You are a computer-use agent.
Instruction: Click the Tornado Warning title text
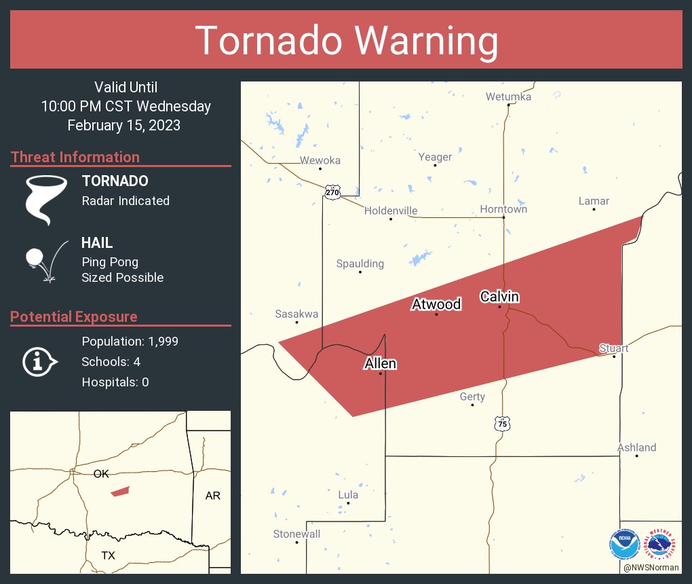(x=346, y=41)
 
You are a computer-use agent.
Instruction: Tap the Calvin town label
(x=499, y=297)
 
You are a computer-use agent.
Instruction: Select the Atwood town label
(x=436, y=304)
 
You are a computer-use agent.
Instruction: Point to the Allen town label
(x=380, y=364)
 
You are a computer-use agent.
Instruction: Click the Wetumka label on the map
(x=508, y=97)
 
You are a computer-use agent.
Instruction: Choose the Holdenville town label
(x=391, y=211)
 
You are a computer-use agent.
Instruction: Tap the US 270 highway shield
(x=332, y=193)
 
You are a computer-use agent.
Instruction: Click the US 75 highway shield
(x=501, y=424)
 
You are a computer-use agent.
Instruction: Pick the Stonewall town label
(x=296, y=534)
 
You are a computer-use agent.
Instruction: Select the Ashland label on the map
(x=636, y=448)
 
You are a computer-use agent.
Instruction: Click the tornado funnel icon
(x=45, y=198)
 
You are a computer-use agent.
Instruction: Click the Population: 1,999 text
(x=130, y=342)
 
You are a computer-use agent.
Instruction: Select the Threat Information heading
(x=75, y=157)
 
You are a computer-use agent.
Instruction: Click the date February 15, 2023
(x=124, y=125)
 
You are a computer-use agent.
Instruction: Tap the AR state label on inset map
(x=212, y=496)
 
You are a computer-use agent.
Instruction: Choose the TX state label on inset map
(x=108, y=555)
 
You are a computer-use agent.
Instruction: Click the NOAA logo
(x=624, y=545)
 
